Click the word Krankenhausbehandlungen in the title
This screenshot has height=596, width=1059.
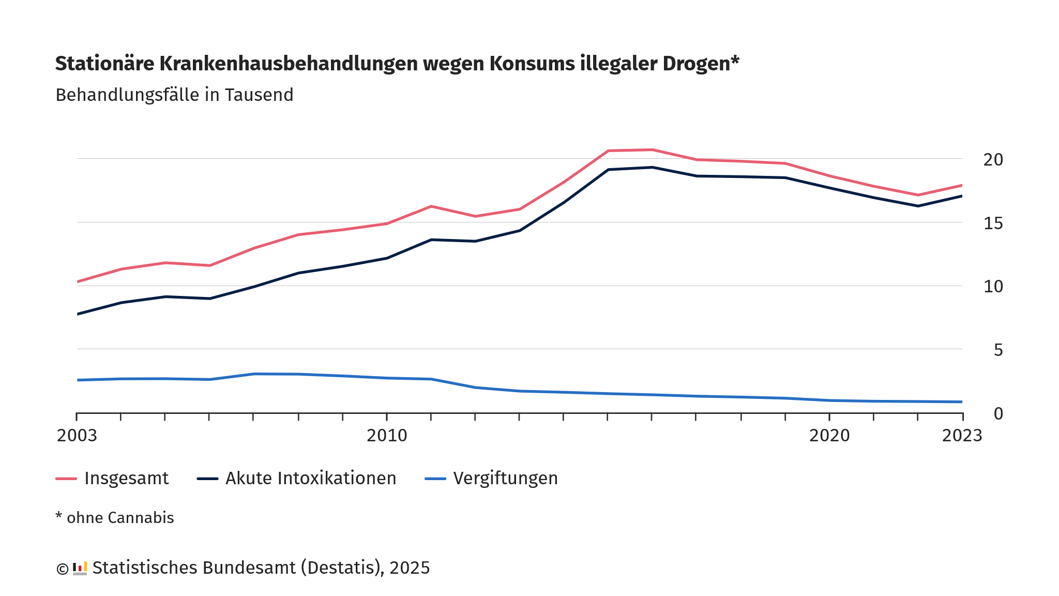[x=288, y=64]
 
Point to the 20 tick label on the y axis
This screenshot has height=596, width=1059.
[x=993, y=160]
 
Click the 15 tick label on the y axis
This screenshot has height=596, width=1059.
[x=993, y=224]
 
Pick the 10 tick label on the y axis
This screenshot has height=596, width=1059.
[x=993, y=287]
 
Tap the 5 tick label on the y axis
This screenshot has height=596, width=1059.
[x=998, y=350]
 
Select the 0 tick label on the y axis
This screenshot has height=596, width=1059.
[x=998, y=413]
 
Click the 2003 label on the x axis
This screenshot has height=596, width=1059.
[x=77, y=436]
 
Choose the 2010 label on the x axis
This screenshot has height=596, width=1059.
[x=387, y=436]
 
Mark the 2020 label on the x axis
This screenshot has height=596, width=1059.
[x=829, y=436]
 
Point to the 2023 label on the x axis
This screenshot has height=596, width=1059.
[x=962, y=436]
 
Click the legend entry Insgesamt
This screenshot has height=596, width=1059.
[x=126, y=479]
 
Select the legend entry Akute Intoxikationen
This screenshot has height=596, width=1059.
[x=311, y=479]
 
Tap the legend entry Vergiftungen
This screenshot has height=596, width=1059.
[x=505, y=479]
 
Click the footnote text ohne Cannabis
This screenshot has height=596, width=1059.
[x=120, y=518]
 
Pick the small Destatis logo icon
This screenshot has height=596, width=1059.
[x=80, y=568]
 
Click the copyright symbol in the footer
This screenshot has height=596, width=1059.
[x=62, y=569]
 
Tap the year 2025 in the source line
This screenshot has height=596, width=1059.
[x=410, y=568]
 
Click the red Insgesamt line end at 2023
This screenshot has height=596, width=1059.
[x=961, y=185]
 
